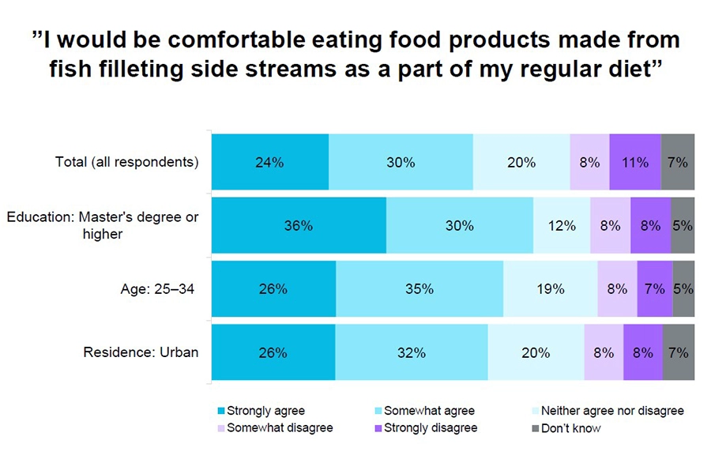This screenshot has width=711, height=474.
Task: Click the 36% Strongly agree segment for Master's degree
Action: coord(299,225)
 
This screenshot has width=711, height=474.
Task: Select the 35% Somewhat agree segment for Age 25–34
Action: coord(419,289)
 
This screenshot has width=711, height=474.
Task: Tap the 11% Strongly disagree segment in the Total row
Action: coord(635,163)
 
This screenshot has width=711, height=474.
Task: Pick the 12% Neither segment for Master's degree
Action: coord(562,225)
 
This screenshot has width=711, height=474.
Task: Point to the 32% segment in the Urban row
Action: coord(411,352)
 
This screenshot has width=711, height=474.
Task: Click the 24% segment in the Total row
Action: coord(269,163)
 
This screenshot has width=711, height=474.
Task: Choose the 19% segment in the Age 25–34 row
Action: coord(550,289)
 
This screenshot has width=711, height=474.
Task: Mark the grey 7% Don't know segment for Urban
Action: coord(679,352)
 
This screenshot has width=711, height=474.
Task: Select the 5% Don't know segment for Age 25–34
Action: coord(683,289)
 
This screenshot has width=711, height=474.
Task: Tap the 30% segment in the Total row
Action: coord(401,163)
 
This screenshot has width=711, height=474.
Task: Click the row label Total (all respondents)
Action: coord(126,163)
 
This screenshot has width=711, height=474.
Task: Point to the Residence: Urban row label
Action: coord(141,352)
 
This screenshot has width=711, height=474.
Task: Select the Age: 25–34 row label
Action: coord(153,289)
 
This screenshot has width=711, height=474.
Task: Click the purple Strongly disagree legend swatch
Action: coord(378,429)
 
